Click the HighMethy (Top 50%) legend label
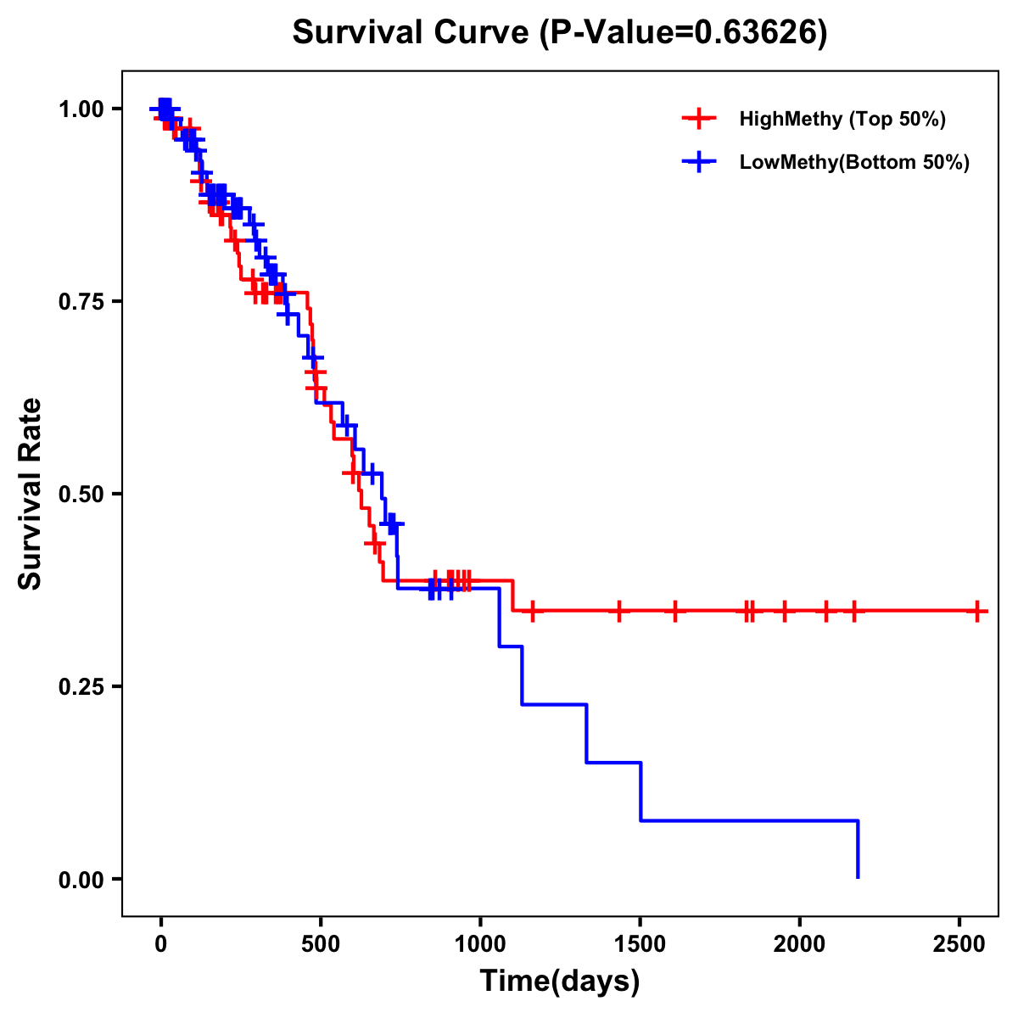point(842,119)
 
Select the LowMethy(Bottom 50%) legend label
point(854,162)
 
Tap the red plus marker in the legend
point(698,119)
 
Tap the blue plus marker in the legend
point(698,162)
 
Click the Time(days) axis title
point(560,982)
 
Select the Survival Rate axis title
point(31,494)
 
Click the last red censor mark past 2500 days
point(977,611)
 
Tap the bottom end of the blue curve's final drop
point(858,877)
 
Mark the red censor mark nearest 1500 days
point(619,611)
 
